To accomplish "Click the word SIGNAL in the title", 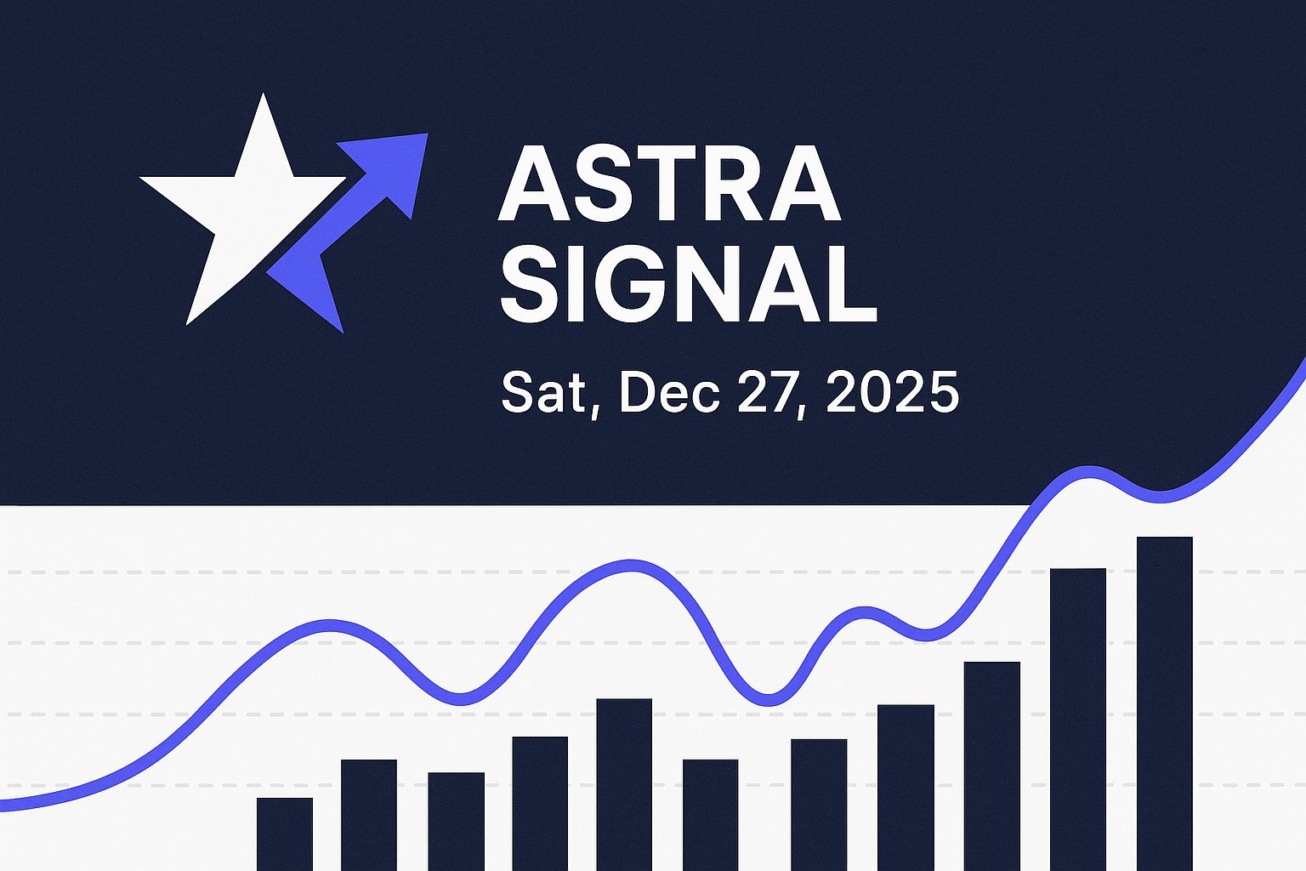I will [x=688, y=283].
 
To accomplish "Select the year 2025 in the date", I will [x=892, y=392].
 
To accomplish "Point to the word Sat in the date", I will [x=543, y=392].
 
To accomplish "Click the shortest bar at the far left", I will [x=284, y=834].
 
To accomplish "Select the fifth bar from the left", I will [x=624, y=783].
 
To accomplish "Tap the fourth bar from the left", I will [x=540, y=803].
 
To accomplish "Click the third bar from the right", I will [x=991, y=766].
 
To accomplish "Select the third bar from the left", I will [x=456, y=821].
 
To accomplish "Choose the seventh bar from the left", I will [x=819, y=804].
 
